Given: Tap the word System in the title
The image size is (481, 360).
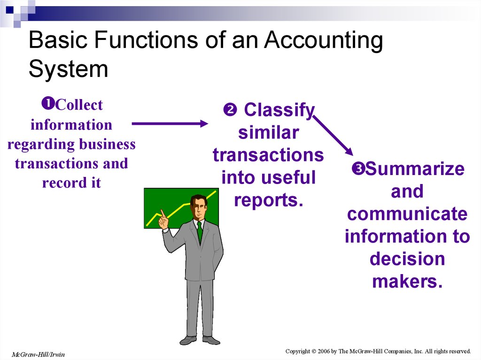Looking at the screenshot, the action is [69, 69].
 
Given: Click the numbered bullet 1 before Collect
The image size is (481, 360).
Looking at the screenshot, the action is [48, 103].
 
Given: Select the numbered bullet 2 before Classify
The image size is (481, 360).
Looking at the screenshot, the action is [230, 110].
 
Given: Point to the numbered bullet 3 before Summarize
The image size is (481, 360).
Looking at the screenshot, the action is [358, 169].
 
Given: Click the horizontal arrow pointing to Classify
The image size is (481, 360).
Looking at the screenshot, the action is [170, 123].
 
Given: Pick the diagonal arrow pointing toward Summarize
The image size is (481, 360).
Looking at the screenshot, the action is [333, 135].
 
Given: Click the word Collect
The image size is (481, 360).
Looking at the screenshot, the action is [79, 105].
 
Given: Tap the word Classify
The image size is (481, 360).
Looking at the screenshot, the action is [279, 110].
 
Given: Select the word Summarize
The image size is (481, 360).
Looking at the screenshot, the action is [415, 169].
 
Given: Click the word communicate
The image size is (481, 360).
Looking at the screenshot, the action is [407, 214].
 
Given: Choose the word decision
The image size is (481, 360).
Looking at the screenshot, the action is [407, 259].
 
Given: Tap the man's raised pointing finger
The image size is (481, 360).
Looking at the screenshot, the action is [162, 213].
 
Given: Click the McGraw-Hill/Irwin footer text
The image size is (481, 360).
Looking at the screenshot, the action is [39, 354].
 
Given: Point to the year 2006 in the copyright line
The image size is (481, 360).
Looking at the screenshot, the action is [324, 351].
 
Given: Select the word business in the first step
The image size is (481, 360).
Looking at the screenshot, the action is [108, 144].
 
